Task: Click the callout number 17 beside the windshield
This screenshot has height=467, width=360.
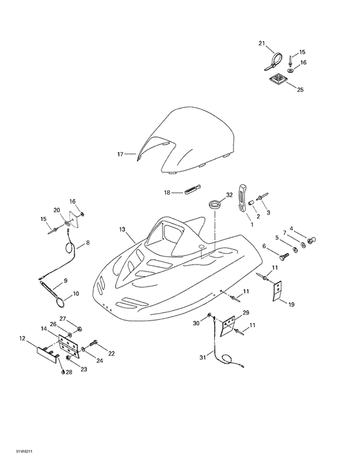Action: click(x=120, y=154)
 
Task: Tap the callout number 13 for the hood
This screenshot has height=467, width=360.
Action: click(x=122, y=229)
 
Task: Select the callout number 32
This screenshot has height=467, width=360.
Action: click(x=229, y=195)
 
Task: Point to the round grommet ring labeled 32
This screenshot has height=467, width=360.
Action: click(x=214, y=205)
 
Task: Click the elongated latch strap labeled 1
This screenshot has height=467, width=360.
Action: click(x=243, y=198)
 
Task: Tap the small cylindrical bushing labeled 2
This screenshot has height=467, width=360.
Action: click(x=251, y=203)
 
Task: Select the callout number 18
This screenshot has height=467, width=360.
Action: click(x=167, y=193)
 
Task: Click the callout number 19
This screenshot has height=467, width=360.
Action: click(x=291, y=304)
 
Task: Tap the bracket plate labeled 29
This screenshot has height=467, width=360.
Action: click(x=228, y=326)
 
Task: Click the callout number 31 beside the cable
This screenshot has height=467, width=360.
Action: click(x=203, y=357)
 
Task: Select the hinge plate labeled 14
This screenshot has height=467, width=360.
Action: click(x=69, y=346)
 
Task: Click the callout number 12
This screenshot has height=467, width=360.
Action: click(x=22, y=339)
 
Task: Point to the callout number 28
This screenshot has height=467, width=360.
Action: click(x=69, y=372)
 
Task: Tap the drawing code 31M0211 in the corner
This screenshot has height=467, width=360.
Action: click(x=24, y=452)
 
